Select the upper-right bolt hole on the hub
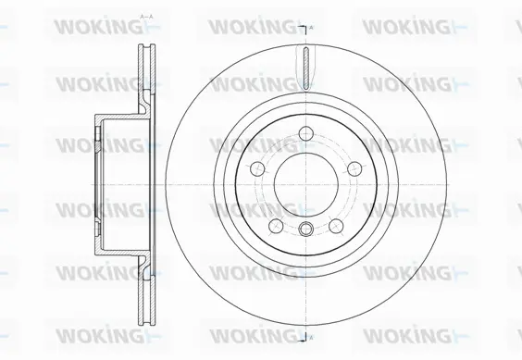351,167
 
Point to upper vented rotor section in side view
145,69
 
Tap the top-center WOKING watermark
250,27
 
